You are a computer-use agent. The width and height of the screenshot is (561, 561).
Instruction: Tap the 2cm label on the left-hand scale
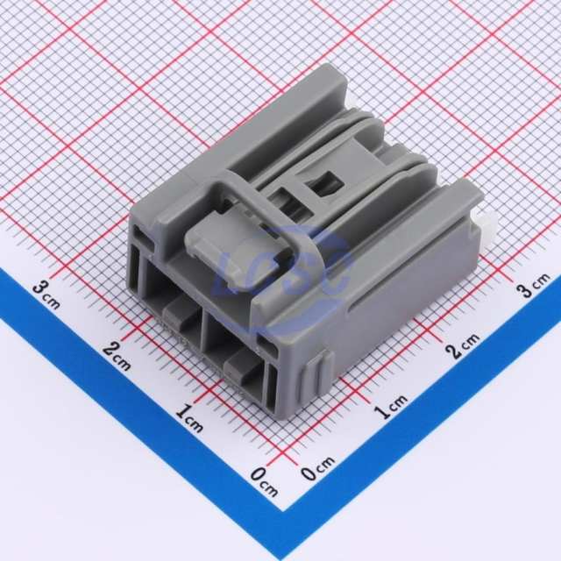point(117,355)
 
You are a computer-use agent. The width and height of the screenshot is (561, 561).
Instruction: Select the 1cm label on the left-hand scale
point(189,417)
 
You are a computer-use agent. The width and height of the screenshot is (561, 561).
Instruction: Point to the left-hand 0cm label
point(264,481)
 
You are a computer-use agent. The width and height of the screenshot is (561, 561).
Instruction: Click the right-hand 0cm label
point(317,467)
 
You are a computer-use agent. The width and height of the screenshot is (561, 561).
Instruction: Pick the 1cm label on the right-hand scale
point(390,407)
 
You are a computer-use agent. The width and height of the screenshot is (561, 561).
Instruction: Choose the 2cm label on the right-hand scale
point(463,345)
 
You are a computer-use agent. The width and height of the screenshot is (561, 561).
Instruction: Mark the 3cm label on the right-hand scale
point(535,285)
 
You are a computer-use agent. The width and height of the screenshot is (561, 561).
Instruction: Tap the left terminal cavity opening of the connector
point(173,292)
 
